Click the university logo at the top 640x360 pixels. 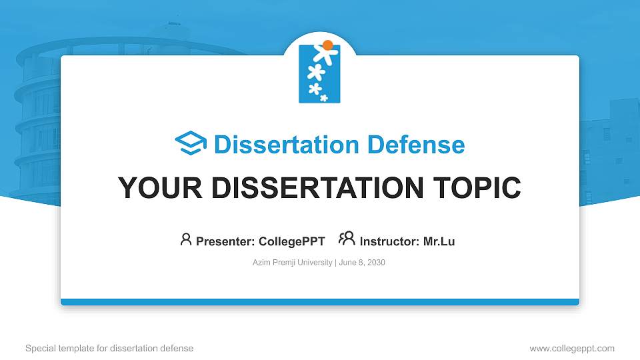pyautogui.click(x=319, y=73)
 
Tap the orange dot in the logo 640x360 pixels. pyautogui.click(x=327, y=45)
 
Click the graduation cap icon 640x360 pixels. pyautogui.click(x=191, y=144)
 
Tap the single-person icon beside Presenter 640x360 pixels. pyautogui.click(x=186, y=239)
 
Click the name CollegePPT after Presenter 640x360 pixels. pyautogui.click(x=293, y=241)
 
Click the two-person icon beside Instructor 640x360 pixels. pyautogui.click(x=347, y=239)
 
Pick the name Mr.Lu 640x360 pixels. pyautogui.click(x=439, y=241)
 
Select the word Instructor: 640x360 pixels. pyautogui.click(x=389, y=241)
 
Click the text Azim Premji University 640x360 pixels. pyautogui.click(x=292, y=263)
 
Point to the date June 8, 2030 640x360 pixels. pyautogui.click(x=362, y=263)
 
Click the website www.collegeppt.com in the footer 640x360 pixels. pyautogui.click(x=571, y=348)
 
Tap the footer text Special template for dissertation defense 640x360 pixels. pyautogui.click(x=109, y=348)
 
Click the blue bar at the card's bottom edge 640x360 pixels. pyautogui.click(x=319, y=302)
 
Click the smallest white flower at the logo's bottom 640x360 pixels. pyautogui.click(x=324, y=98)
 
